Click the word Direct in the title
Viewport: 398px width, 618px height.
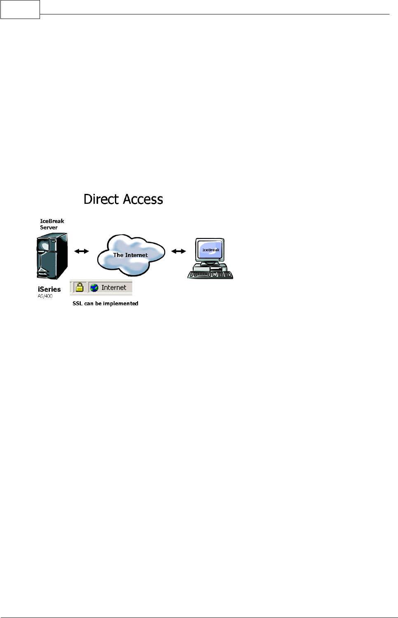coord(101,199)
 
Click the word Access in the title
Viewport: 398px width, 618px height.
coord(143,199)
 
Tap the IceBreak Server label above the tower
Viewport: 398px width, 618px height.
coord(52,224)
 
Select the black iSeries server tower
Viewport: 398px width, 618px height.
coord(52,256)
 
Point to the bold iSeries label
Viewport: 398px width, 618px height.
coord(49,289)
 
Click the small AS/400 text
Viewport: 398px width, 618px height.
coord(45,296)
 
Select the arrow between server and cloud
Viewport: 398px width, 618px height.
coord(82,251)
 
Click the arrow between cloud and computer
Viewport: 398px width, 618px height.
coord(178,251)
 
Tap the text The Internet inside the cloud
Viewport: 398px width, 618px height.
coord(130,255)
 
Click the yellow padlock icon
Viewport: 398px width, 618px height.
coord(80,287)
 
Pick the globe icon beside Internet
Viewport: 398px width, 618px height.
coord(94,288)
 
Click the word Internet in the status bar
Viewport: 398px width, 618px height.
coord(114,288)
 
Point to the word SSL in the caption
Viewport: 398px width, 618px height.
coord(77,303)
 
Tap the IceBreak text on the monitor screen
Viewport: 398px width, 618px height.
coord(211,250)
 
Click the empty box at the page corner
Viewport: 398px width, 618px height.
coord(20,9)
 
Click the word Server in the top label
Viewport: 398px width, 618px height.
coord(49,227)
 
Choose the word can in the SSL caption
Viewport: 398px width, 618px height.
coord(89,303)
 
